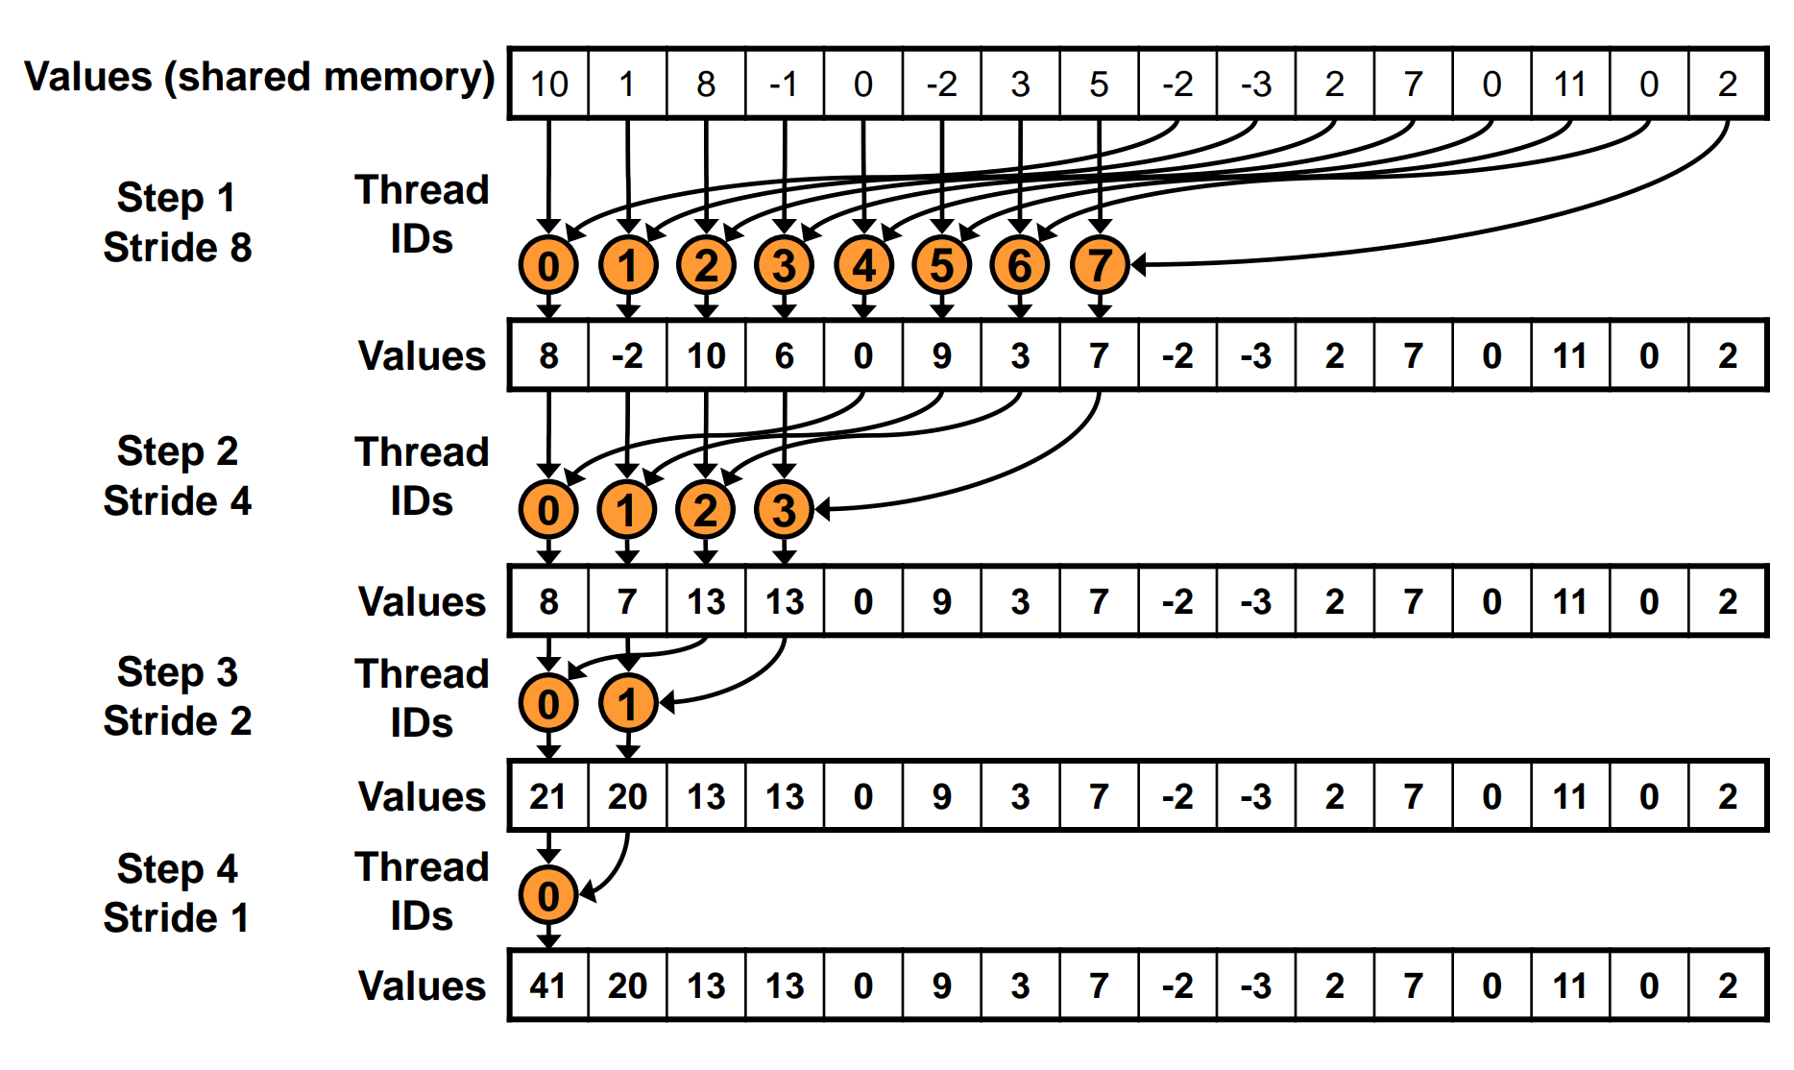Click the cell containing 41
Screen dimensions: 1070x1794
click(x=547, y=985)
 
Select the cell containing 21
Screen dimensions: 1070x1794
click(x=547, y=796)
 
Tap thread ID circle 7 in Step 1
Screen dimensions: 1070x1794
click(x=1099, y=265)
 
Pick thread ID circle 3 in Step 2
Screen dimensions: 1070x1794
click(x=784, y=510)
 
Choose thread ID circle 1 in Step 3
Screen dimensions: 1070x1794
click(x=627, y=703)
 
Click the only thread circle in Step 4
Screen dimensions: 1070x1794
click(x=547, y=895)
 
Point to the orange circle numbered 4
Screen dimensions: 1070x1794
click(x=863, y=265)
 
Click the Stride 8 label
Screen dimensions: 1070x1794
click(x=178, y=248)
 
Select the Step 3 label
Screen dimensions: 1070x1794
click(x=178, y=672)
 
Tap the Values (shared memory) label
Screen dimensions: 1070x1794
click(x=259, y=77)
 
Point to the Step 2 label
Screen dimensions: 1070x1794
click(x=178, y=451)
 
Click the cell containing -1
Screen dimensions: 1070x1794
click(x=784, y=84)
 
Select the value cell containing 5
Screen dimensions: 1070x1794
click(x=1099, y=84)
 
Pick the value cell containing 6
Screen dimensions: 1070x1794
click(x=784, y=356)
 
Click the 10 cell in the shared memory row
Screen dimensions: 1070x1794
click(x=548, y=84)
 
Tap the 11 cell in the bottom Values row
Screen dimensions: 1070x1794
click(x=1569, y=985)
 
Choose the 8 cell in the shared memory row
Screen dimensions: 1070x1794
click(x=706, y=84)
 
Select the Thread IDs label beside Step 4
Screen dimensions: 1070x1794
click(x=422, y=891)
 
